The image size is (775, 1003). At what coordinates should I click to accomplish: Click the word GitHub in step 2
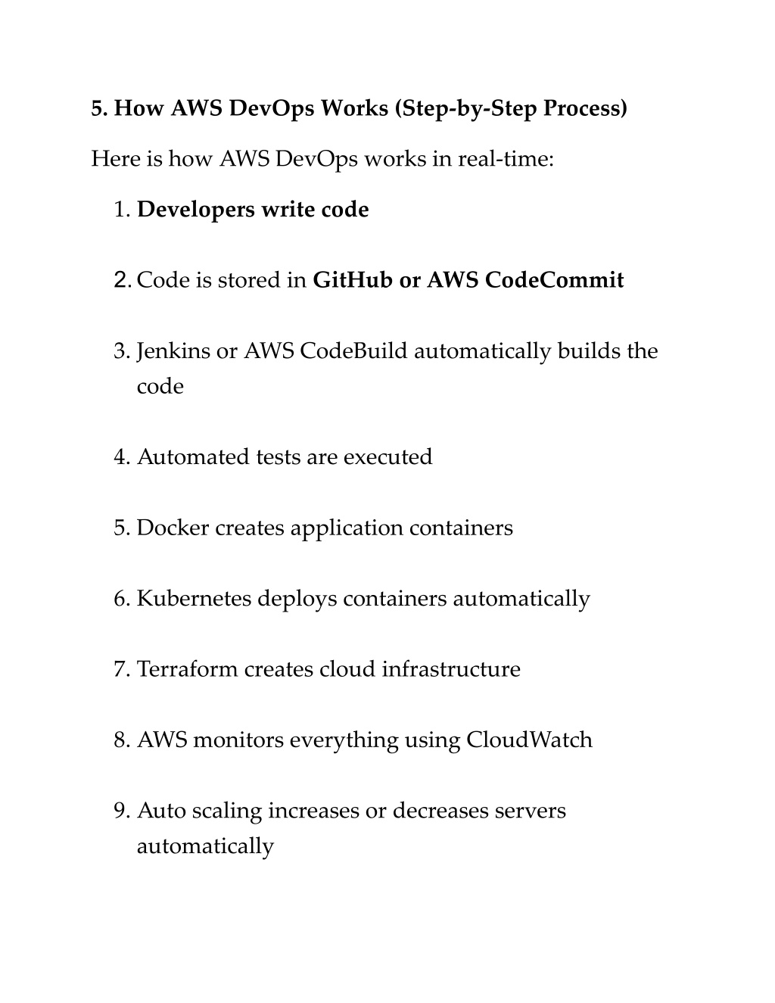tap(352, 281)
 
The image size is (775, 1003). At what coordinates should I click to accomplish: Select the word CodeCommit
tap(554, 281)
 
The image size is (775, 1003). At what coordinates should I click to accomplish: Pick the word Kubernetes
tap(194, 599)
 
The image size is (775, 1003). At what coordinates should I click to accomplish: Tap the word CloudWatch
tap(529, 740)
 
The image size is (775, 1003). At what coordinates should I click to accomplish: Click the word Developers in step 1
tap(196, 210)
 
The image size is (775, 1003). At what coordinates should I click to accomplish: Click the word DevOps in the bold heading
tap(272, 109)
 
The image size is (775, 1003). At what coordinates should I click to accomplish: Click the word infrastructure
tap(451, 669)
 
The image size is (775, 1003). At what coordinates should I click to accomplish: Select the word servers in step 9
tap(530, 811)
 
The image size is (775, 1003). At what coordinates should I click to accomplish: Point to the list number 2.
tap(121, 281)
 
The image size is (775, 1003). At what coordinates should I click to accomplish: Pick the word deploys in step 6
tap(297, 599)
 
